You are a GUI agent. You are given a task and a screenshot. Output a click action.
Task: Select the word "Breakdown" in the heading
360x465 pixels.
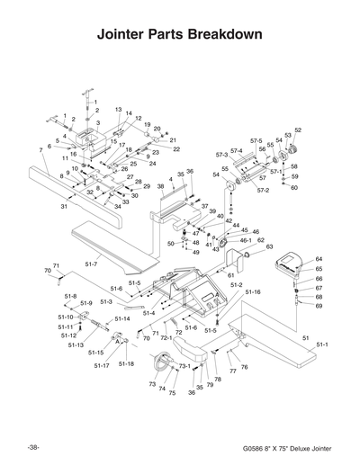225,36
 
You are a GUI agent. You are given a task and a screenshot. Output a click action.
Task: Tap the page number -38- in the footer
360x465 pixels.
33,447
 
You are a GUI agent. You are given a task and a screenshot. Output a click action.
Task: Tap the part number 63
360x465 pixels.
269,246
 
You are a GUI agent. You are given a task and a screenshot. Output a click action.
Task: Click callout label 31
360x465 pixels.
65,207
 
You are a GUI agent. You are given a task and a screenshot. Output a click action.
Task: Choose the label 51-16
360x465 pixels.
252,292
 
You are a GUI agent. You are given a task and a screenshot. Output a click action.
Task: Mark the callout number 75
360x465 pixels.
172,393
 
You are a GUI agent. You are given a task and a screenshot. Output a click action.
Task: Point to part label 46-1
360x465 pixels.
245,240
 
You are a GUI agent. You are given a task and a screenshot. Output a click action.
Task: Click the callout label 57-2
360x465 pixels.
263,191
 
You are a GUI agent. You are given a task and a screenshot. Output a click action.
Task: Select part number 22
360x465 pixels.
176,148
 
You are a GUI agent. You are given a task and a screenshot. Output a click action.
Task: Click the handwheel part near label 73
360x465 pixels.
164,363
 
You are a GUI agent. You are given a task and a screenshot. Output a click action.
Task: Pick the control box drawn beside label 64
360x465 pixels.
290,264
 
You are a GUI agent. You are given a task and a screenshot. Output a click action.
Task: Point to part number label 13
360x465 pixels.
119,109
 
